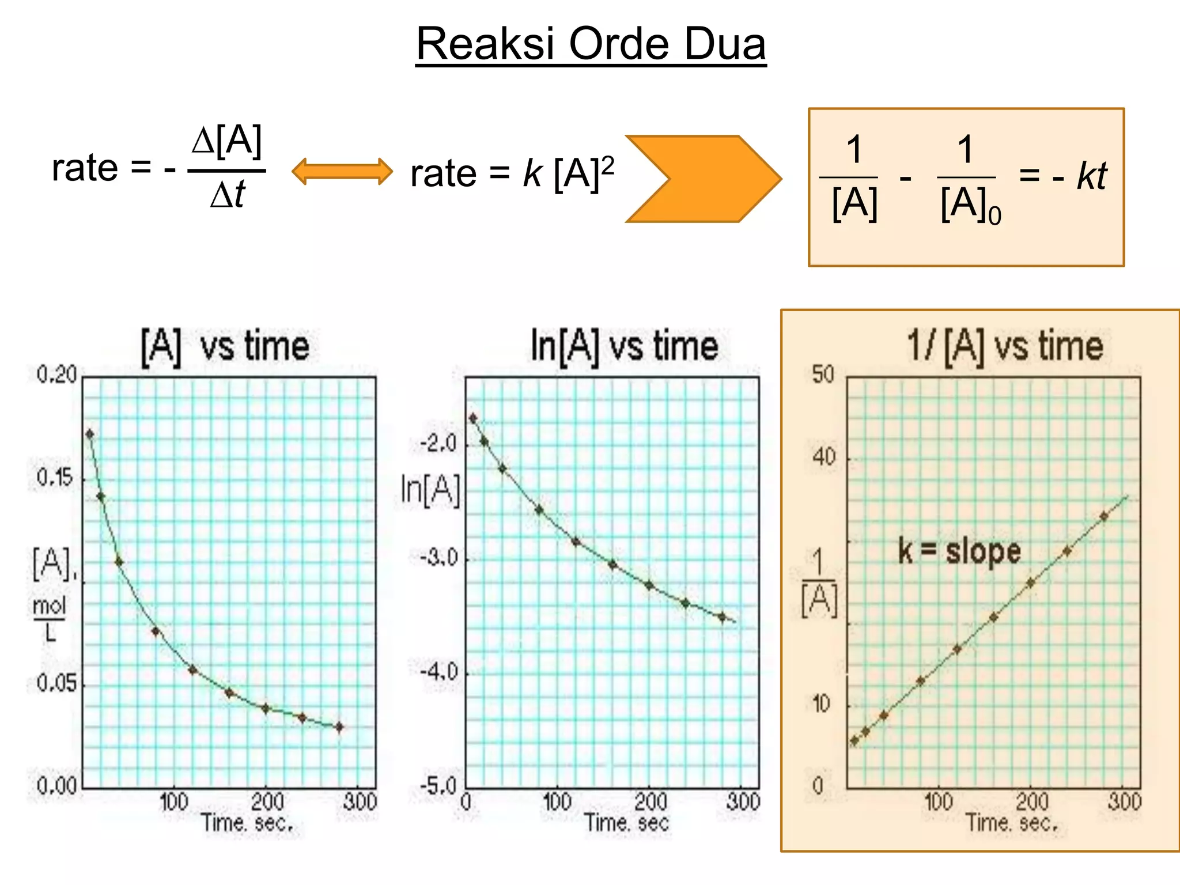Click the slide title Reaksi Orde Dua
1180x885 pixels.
(x=591, y=44)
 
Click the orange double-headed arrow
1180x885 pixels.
(x=342, y=172)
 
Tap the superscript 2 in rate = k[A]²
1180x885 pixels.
(x=608, y=165)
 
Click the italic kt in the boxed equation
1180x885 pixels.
(x=1091, y=176)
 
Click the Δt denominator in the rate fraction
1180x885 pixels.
(x=228, y=194)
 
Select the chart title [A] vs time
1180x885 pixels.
(x=225, y=346)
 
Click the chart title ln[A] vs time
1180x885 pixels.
(x=624, y=346)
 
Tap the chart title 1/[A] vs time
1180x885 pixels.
(x=1005, y=346)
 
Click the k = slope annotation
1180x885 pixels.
(x=959, y=551)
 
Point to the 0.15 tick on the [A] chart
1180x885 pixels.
(x=55, y=478)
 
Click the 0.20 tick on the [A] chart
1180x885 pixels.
(x=56, y=375)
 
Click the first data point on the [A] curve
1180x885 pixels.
(x=90, y=434)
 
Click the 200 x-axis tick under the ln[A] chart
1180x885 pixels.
(x=650, y=801)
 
